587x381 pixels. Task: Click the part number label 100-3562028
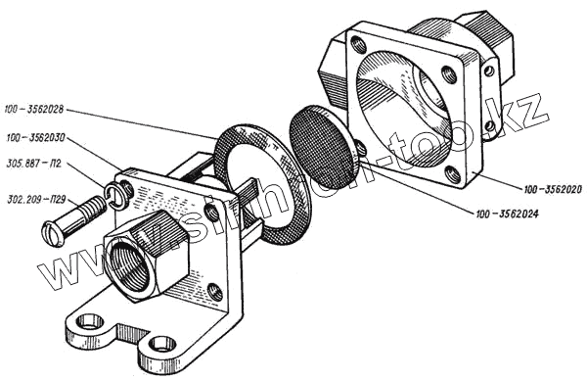click(x=34, y=110)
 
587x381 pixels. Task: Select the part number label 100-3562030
click(x=35, y=138)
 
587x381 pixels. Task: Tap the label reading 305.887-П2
click(x=34, y=164)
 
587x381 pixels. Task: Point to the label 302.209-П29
click(x=36, y=199)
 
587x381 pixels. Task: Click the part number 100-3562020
click(x=554, y=190)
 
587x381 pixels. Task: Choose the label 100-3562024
click(x=507, y=214)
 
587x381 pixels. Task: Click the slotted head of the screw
click(x=52, y=233)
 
